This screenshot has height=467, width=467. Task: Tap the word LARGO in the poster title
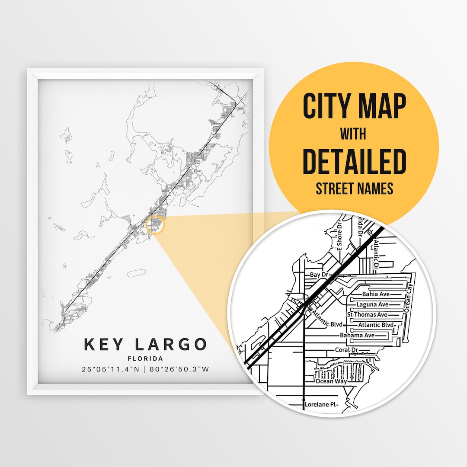tap(171, 345)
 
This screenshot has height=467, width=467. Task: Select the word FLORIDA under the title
tap(145, 358)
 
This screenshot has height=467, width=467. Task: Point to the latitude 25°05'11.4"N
tap(111, 369)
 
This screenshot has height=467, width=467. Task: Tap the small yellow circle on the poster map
tap(156, 226)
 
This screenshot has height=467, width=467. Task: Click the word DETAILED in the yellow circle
tap(354, 161)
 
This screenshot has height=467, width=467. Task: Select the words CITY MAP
tap(354, 106)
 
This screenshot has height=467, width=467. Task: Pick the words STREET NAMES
tap(354, 189)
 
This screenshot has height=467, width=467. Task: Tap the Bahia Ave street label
tap(376, 294)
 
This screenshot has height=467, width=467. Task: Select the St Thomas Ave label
tap(367, 315)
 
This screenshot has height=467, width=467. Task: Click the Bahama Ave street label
tap(357, 336)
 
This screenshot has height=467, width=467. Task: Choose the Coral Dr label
tap(346, 350)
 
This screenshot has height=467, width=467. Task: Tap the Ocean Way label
tap(330, 382)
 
